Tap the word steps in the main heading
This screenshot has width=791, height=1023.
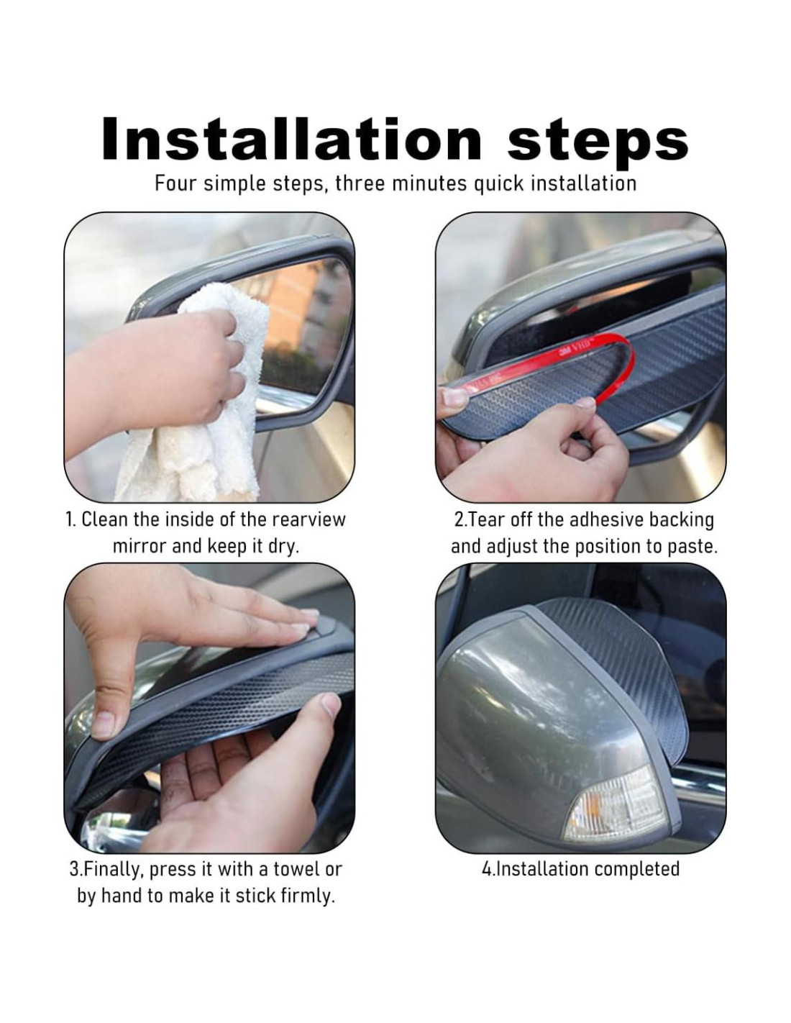point(598,142)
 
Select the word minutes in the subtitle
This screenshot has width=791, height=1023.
point(429,183)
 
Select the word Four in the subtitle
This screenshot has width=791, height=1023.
point(175,183)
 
